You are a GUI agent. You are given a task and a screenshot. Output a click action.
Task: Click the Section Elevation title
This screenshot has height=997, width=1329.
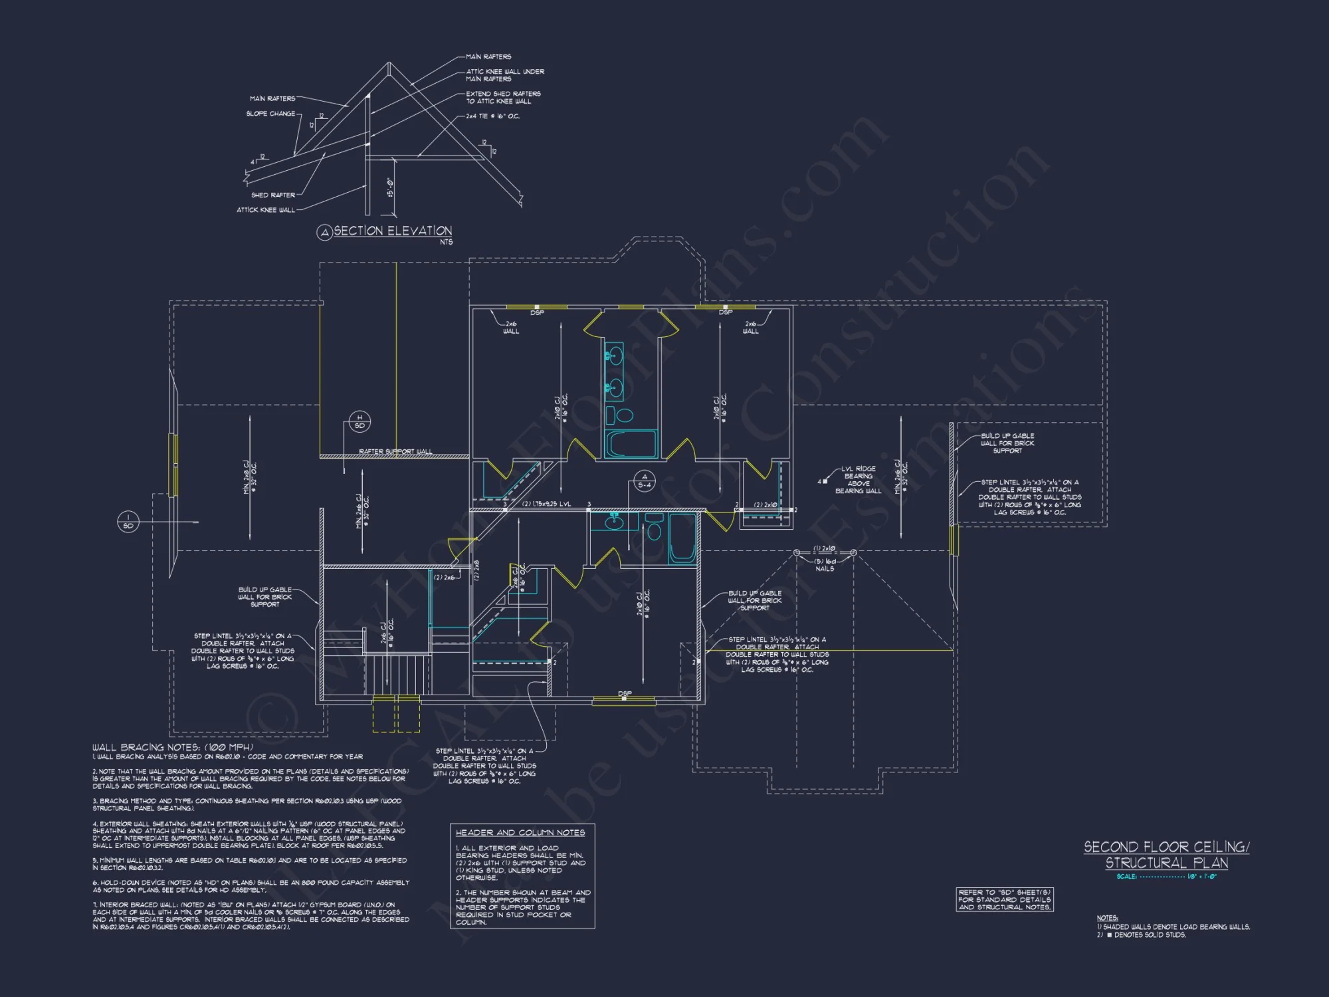tap(393, 231)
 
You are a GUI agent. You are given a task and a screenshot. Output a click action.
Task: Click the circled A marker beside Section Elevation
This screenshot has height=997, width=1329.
tap(324, 232)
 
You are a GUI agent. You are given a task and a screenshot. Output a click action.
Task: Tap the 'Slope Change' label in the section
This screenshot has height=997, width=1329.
tap(270, 114)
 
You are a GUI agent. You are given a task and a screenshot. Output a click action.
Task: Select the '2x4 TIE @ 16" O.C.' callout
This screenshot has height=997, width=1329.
tap(493, 116)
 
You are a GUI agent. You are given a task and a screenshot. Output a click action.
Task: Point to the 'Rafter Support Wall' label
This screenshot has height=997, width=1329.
tap(395, 451)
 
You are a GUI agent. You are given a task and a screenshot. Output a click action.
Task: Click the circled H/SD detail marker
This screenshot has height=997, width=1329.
tap(359, 421)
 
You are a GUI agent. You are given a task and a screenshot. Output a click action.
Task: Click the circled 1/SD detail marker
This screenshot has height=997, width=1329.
tap(128, 522)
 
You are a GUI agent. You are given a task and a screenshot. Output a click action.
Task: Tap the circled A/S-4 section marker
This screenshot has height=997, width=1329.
tap(644, 481)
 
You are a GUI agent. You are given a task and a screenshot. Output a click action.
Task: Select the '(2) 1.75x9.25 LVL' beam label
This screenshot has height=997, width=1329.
tap(546, 504)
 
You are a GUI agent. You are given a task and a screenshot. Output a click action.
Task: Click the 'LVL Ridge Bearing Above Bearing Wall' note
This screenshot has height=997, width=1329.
tap(858, 480)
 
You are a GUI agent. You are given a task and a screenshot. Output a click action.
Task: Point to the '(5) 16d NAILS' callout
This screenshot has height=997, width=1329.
tap(825, 565)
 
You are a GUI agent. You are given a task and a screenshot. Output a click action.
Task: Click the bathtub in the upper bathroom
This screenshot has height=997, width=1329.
tap(631, 443)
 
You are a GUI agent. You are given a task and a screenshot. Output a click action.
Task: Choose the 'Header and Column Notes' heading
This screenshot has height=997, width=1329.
tap(520, 832)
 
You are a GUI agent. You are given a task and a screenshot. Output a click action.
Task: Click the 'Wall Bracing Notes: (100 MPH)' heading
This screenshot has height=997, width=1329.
tap(173, 747)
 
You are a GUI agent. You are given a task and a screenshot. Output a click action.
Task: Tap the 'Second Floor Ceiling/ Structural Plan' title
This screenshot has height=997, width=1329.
tap(1166, 855)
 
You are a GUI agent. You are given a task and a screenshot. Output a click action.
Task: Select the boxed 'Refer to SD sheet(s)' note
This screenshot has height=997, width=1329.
tap(1004, 899)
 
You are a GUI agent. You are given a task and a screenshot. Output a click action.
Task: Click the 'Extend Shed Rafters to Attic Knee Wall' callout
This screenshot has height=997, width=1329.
tap(503, 98)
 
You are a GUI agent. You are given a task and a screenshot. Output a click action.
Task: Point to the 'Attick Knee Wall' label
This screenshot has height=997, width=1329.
tap(266, 210)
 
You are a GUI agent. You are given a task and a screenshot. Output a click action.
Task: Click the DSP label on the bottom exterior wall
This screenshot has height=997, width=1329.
tap(625, 693)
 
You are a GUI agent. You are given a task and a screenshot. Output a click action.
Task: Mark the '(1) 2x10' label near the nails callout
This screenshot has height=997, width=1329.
tap(824, 549)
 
